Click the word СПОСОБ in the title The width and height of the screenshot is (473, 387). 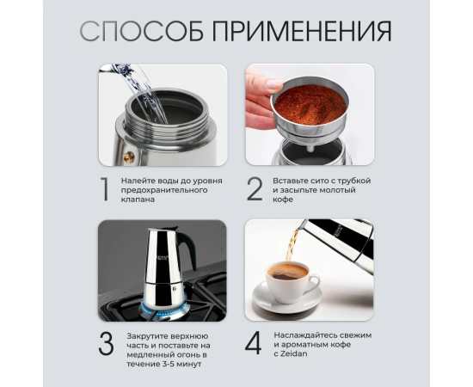141,31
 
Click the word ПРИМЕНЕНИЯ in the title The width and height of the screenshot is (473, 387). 302,31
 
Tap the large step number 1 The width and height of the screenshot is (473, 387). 105,189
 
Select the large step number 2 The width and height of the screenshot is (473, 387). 255,189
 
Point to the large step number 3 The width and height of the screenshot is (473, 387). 106,343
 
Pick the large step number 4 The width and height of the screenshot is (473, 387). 253,342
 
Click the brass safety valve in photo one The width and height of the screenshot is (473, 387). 129,157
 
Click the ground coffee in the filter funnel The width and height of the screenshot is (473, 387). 310,104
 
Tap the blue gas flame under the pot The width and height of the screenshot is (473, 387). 163,310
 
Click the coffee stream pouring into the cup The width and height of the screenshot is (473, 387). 291,245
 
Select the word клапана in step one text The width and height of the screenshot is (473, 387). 138,200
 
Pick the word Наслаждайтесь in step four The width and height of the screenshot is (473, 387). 305,335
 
